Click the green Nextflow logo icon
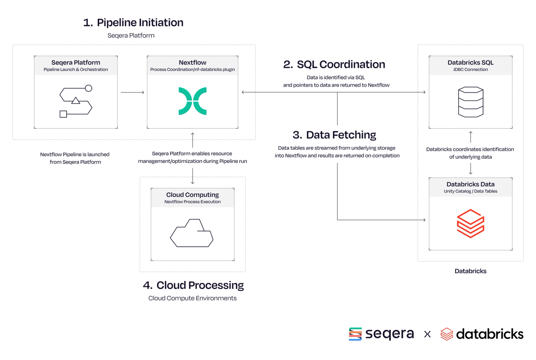192,101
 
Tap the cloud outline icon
192,233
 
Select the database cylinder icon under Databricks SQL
471,102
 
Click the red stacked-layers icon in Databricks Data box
470,224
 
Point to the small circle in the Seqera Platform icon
89,88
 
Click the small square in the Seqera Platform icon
63,114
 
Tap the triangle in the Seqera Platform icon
76,100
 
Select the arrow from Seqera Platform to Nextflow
132,92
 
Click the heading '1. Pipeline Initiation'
133,23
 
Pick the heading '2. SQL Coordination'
334,64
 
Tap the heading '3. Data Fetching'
334,135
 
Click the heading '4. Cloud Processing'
193,285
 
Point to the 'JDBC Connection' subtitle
470,69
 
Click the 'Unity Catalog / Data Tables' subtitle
470,191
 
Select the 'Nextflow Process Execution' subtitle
192,202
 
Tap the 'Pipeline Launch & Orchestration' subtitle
76,69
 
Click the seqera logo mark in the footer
355,334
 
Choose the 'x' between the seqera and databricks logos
427,334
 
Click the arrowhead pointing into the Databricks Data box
425,220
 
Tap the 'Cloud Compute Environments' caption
192,298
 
